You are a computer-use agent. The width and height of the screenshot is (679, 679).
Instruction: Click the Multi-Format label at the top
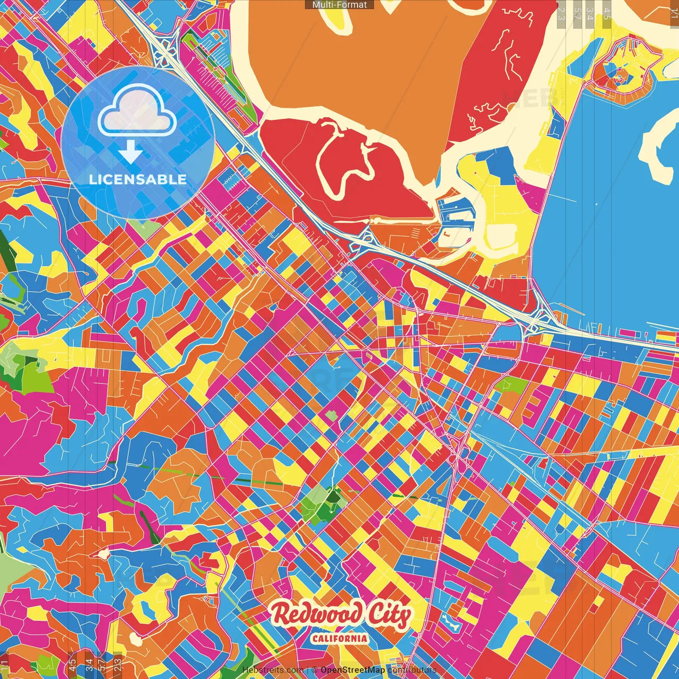click(x=339, y=5)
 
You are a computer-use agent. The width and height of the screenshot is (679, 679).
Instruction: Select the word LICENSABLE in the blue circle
click(x=138, y=179)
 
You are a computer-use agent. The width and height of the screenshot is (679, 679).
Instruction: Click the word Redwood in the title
click(x=317, y=614)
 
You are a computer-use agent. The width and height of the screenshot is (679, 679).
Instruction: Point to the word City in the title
click(x=389, y=615)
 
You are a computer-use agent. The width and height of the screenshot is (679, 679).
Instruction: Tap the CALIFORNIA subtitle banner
click(x=339, y=638)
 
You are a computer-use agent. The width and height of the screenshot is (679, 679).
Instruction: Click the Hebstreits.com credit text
click(x=273, y=670)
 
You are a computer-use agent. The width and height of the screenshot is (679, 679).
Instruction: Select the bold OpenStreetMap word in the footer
click(x=352, y=670)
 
